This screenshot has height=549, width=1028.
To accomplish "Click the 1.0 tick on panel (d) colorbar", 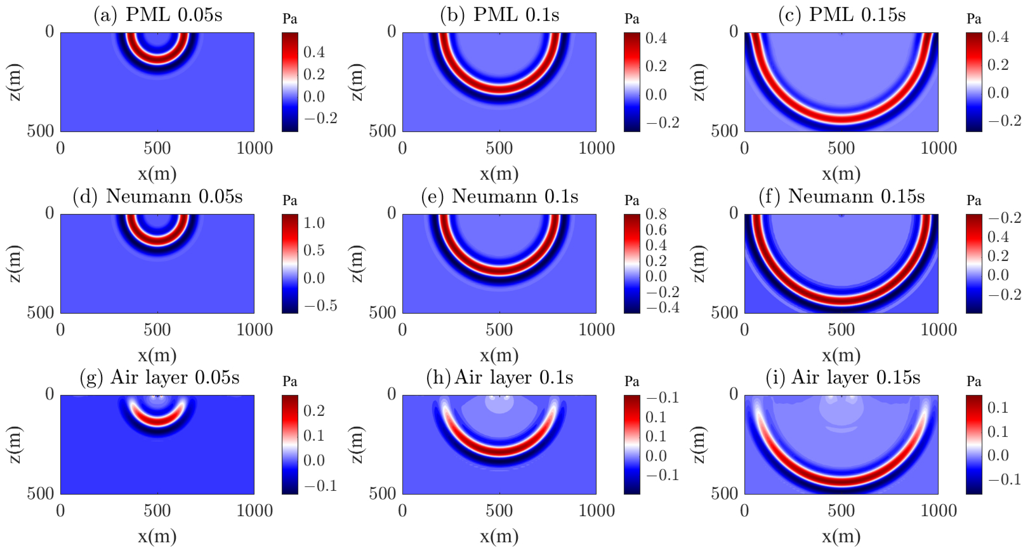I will (314, 223).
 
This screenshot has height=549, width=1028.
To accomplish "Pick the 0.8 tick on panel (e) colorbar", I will (656, 215).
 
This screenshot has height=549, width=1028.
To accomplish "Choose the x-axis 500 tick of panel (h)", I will (499, 511).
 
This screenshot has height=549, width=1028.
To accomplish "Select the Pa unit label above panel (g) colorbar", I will (290, 382).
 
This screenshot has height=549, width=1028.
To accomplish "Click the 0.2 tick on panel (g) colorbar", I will (314, 411).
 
